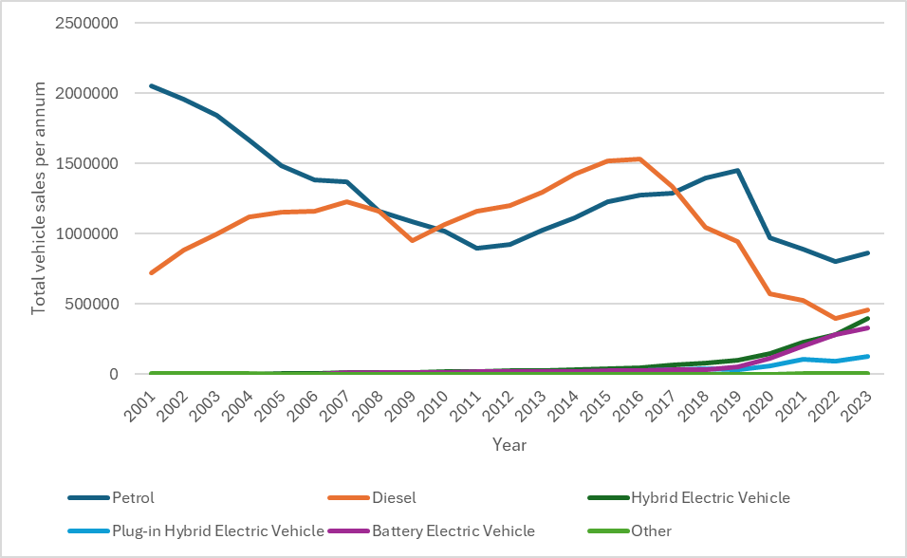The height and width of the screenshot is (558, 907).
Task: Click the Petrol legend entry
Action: pos(134,497)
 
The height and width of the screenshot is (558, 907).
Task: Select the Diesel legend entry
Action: pos(395,497)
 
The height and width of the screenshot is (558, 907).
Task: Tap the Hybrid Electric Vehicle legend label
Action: pos(711,497)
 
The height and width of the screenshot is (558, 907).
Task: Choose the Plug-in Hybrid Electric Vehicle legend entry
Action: pos(218,530)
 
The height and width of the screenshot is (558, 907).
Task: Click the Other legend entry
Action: pos(651,530)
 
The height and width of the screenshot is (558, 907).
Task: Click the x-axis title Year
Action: pos(509,444)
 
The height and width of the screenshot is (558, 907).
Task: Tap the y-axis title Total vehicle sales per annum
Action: pos(39,198)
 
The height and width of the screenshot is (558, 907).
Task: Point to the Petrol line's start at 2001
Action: pos(151,85)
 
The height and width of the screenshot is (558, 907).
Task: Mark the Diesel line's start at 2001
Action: pos(151,272)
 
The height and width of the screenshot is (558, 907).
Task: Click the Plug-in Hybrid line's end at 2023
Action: pos(867,357)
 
